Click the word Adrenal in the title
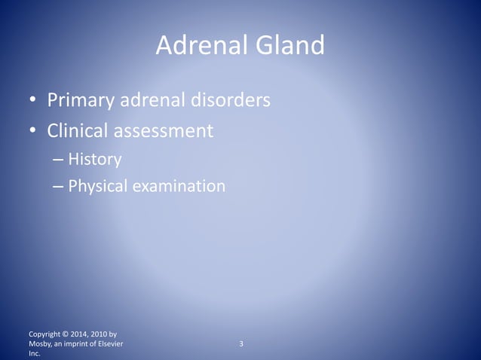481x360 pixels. (195, 47)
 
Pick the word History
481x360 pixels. (94, 159)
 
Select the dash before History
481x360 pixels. (59, 160)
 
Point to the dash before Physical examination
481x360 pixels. (59, 185)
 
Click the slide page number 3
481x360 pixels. (240, 345)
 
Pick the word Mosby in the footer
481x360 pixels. (38, 344)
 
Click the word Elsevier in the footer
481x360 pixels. (109, 344)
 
